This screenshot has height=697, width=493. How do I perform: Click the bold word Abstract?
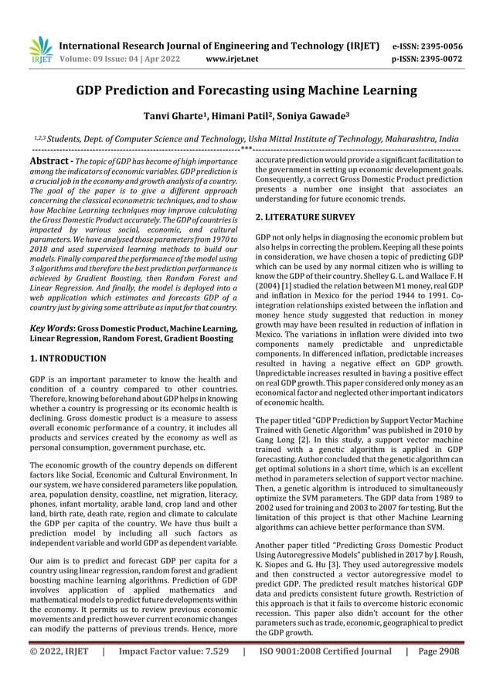coord(49,160)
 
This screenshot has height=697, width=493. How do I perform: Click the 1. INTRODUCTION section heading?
coord(68,359)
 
